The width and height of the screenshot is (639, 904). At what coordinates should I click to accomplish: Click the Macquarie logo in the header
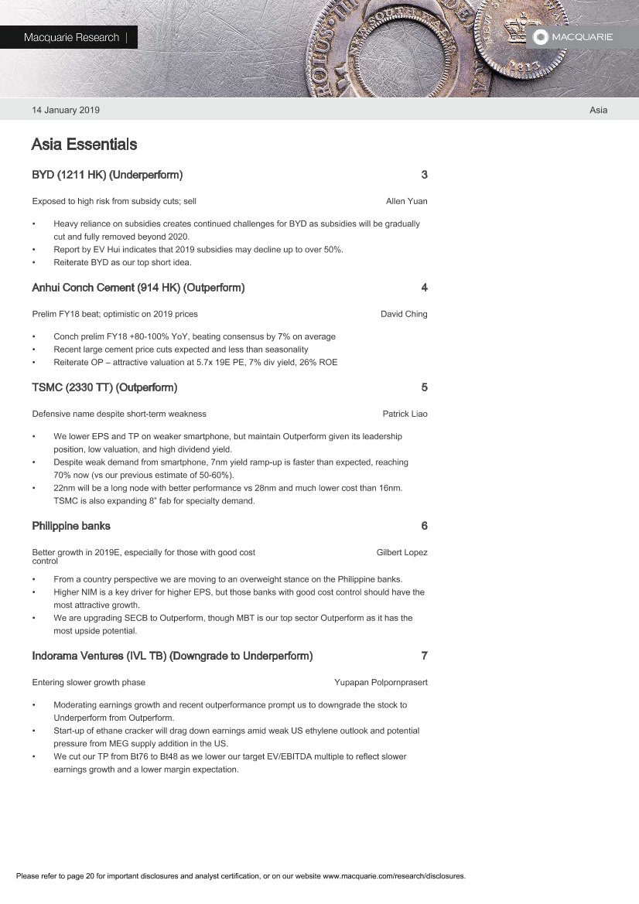573,37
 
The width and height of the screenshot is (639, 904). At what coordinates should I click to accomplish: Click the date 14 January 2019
66,110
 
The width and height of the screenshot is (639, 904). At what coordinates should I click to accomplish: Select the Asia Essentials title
84,145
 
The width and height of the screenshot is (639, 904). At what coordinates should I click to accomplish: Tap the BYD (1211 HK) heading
107,175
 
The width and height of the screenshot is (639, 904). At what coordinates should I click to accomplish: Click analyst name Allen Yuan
406,201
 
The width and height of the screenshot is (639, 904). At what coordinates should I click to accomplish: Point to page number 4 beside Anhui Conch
424,288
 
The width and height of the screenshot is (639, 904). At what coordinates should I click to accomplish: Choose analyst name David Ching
404,314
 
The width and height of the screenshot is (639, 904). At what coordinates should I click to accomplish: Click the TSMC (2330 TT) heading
104,387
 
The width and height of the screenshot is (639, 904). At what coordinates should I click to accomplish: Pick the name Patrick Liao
405,414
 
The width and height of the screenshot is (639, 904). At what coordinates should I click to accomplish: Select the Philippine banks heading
71,526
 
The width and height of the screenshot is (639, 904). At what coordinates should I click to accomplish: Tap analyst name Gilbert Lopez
402,552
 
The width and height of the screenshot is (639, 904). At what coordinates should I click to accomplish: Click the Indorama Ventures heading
172,656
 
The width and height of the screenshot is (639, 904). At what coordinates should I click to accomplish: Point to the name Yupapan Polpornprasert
381,682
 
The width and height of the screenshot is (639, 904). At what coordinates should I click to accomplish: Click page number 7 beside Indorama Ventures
424,656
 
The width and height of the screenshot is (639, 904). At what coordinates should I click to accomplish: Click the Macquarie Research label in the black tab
71,37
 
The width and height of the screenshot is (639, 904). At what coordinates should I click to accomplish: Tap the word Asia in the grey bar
598,110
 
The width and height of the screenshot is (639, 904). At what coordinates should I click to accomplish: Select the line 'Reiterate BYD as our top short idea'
122,262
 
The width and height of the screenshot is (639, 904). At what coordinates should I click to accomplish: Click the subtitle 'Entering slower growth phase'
88,682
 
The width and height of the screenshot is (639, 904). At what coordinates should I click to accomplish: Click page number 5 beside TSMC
424,387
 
